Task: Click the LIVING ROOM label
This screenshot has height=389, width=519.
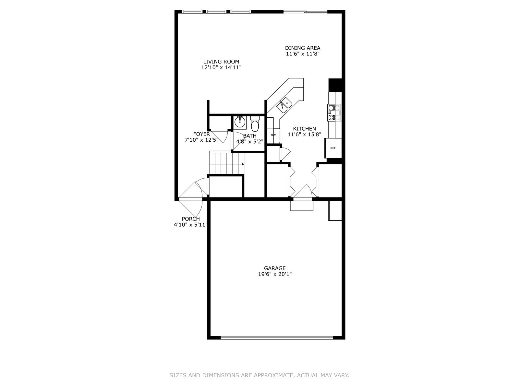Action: coord(221,62)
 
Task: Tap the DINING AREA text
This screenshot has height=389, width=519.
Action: coord(303,48)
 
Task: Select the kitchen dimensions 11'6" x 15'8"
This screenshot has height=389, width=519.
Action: coord(304,135)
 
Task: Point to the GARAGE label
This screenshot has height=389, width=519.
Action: coord(275,268)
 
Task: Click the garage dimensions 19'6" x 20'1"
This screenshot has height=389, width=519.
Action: coord(275,274)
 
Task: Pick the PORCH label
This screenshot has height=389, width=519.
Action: coord(191,219)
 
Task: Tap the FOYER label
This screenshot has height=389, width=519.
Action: coord(201,134)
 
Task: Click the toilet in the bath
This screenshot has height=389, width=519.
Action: coord(255,124)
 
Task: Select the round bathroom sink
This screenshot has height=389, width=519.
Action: coord(240,122)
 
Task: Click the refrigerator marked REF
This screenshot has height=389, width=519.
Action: coord(333,148)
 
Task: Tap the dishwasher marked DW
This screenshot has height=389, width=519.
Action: coord(273,135)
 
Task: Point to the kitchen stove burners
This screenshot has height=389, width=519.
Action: coord(334,113)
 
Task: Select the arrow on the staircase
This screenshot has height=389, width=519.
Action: coord(243,164)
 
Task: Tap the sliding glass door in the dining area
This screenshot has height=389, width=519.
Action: coord(305,12)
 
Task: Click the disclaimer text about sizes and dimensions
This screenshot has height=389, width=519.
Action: coord(259,375)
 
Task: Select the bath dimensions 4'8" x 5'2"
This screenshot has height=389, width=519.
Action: coord(250,141)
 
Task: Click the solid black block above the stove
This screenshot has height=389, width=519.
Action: coord(335,85)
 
